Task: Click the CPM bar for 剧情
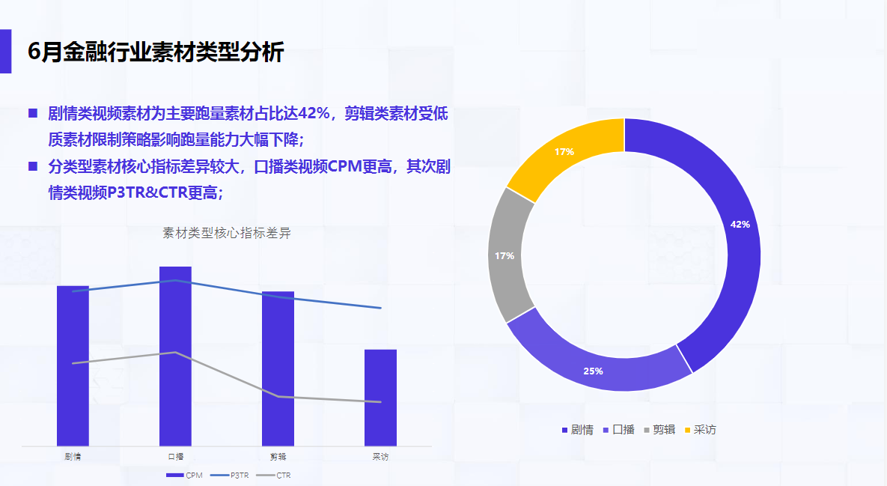click(x=73, y=367)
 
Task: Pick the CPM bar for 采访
click(x=380, y=398)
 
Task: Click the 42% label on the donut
click(x=740, y=224)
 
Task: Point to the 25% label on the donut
click(x=593, y=371)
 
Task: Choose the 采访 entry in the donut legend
click(x=700, y=430)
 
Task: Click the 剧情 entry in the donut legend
click(x=577, y=430)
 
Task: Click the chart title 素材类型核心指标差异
click(x=227, y=233)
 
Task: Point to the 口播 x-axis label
click(x=175, y=456)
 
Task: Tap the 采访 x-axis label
click(x=380, y=456)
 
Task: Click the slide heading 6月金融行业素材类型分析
click(x=156, y=52)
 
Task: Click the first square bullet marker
click(x=32, y=113)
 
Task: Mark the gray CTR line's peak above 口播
click(x=175, y=352)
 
